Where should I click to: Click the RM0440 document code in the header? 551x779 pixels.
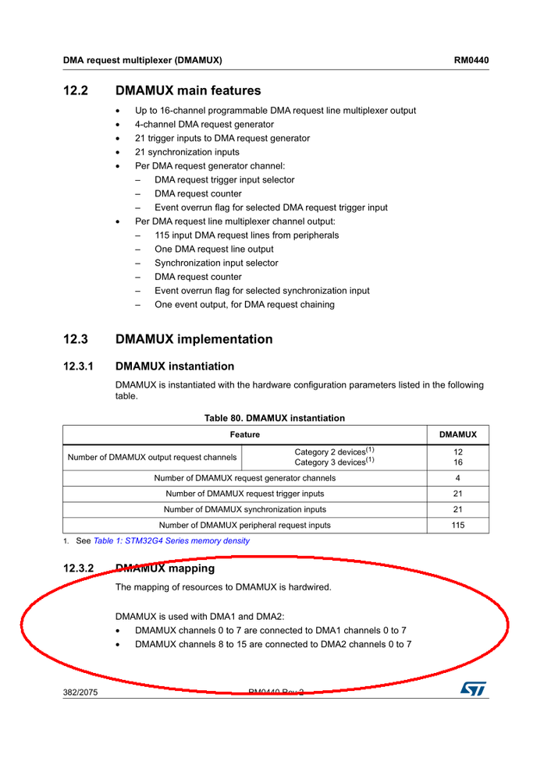tap(471, 60)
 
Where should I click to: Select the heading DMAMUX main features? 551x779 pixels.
tap(187, 90)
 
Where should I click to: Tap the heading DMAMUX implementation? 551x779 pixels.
tap(194, 339)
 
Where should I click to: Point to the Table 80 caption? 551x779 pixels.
tap(274, 418)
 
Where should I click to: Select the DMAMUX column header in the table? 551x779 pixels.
tap(458, 434)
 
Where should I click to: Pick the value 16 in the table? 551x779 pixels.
tap(458, 462)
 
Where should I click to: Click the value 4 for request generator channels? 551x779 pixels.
tap(458, 478)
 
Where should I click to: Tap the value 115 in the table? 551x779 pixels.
tap(458, 526)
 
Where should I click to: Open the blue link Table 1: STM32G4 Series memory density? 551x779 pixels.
tap(171, 541)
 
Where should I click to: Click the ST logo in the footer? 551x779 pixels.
tap(473, 689)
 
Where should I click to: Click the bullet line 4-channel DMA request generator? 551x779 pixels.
tap(204, 125)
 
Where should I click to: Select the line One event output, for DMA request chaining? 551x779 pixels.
tap(244, 305)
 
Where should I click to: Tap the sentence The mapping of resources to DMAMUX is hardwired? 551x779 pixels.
tap(223, 587)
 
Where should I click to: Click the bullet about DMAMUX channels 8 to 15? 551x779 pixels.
tap(272, 644)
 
